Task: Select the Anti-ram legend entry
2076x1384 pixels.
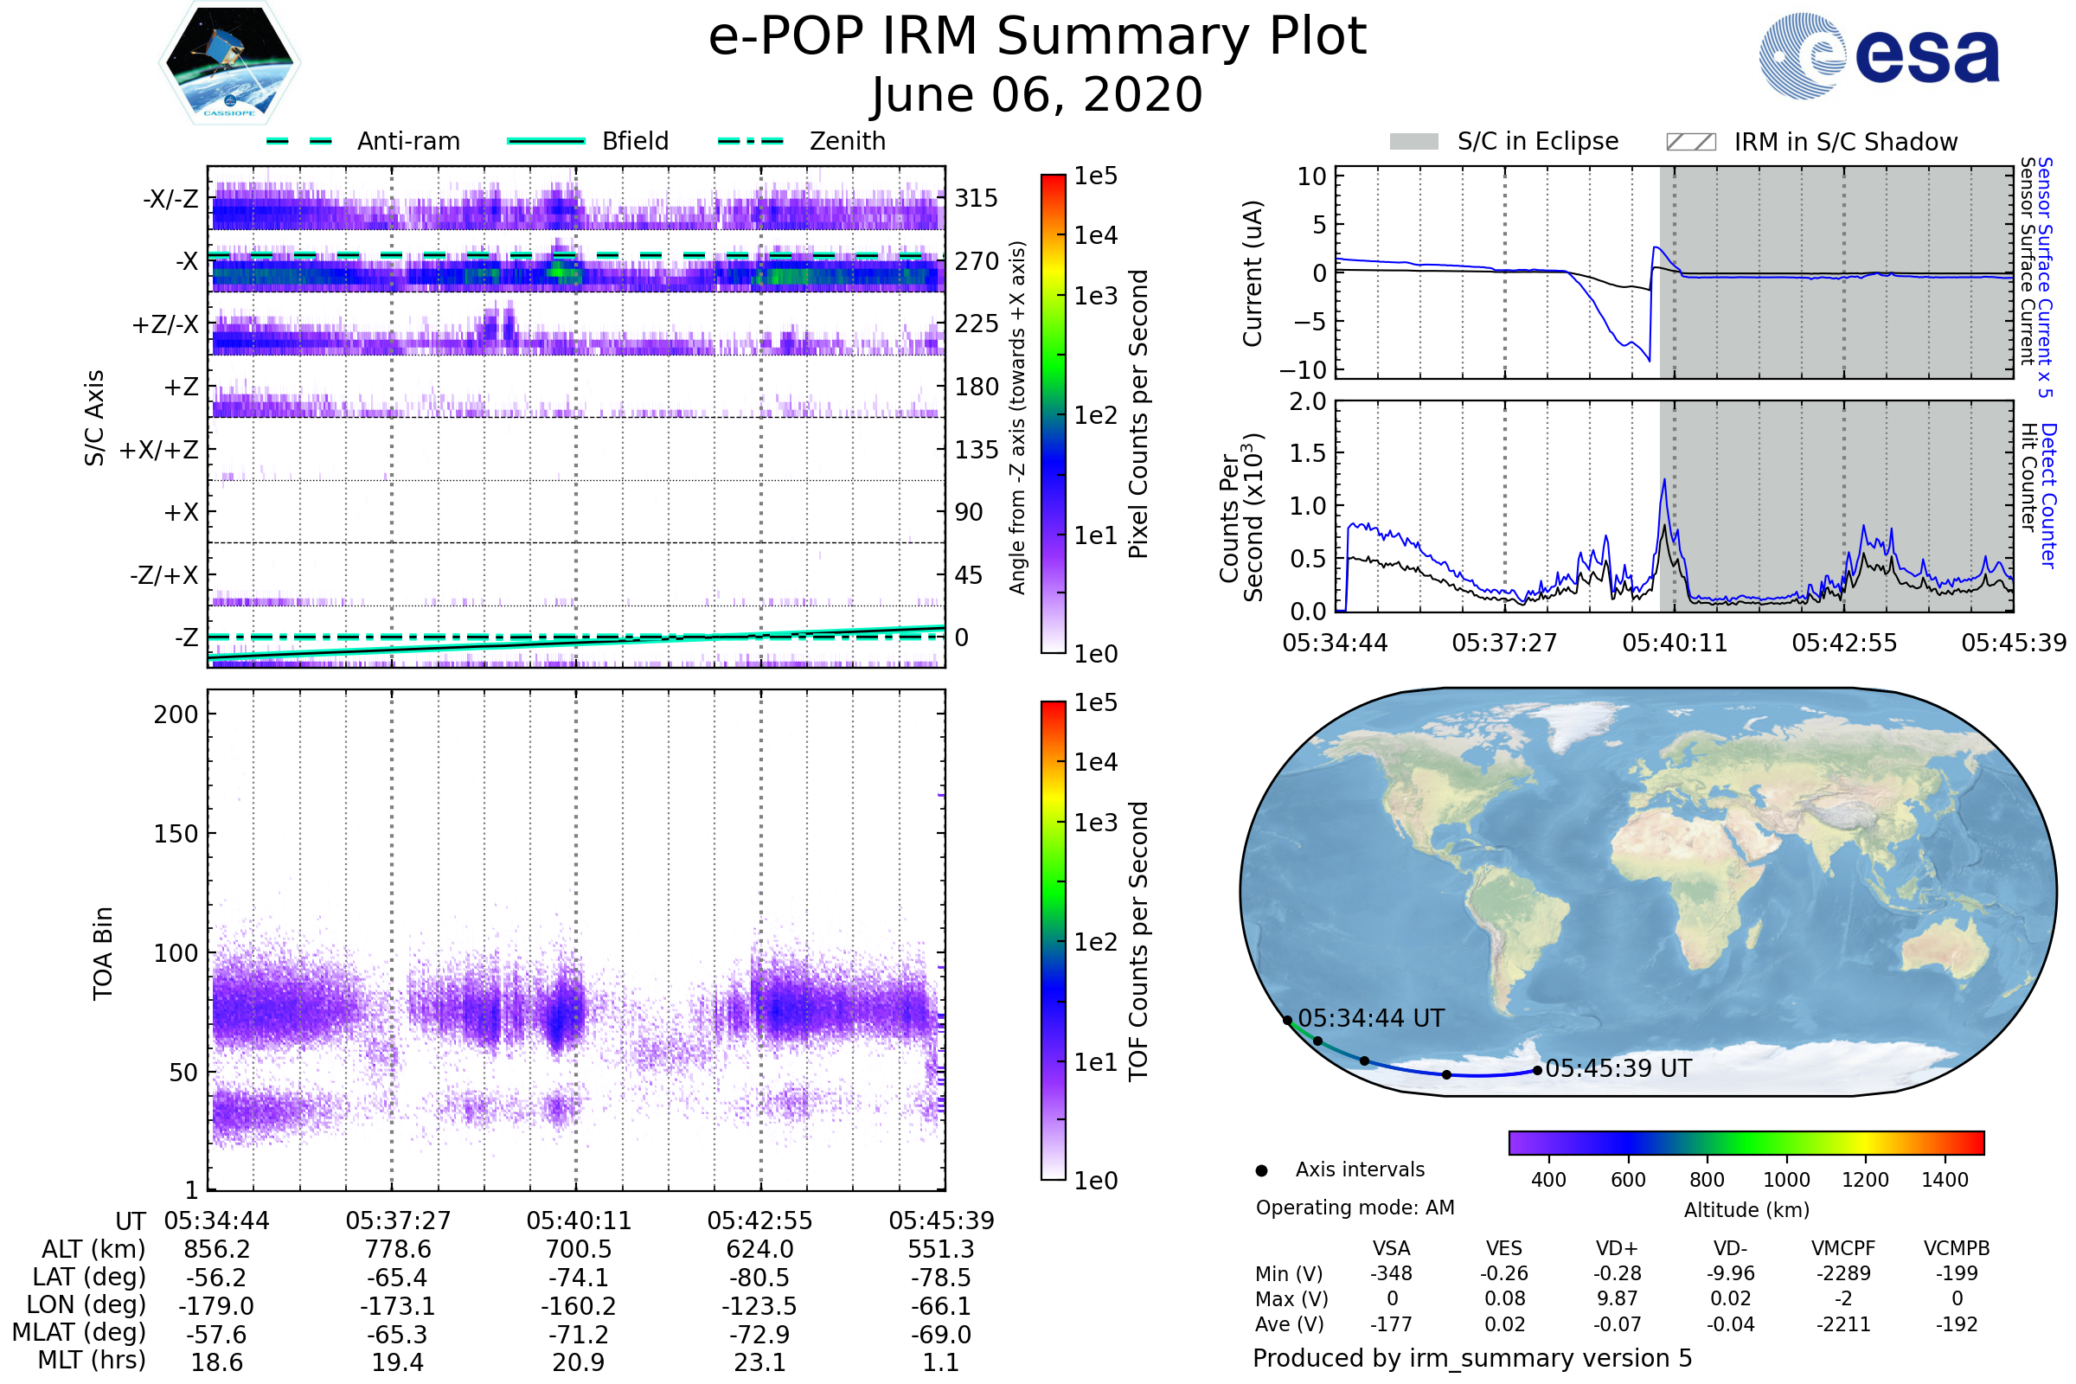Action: click(x=407, y=141)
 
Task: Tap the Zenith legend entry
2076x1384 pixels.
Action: click(x=847, y=141)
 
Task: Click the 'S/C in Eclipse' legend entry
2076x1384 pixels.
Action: click(x=1537, y=141)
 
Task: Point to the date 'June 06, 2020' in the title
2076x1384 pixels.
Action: click(x=1036, y=94)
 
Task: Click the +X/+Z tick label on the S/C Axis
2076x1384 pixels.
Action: click(x=159, y=450)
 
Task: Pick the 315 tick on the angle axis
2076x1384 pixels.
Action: click(x=976, y=198)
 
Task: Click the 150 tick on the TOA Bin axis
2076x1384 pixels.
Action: click(x=176, y=834)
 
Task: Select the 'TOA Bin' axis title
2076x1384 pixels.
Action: click(x=102, y=953)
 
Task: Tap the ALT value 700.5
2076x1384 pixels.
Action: click(x=578, y=1250)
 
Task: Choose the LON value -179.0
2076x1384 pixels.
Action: click(x=216, y=1306)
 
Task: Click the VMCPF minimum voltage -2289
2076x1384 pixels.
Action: click(x=1843, y=1273)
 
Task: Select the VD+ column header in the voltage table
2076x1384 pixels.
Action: click(x=1616, y=1249)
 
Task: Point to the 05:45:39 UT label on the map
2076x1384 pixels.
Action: click(x=1618, y=1069)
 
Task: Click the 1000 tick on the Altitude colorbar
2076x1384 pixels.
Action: click(x=1785, y=1180)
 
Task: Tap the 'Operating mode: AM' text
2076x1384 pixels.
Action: click(x=1355, y=1208)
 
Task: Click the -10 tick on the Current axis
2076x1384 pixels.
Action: click(x=1310, y=369)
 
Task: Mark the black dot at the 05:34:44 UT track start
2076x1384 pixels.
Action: click(x=1287, y=1021)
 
